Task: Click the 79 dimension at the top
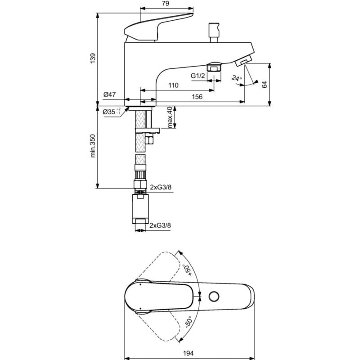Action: [166, 4]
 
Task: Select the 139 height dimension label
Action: [93, 58]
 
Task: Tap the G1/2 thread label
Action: [198, 76]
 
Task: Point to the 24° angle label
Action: [237, 78]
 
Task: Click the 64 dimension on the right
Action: [265, 84]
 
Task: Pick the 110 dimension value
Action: [173, 85]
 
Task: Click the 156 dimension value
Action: [197, 97]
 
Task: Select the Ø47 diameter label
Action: [109, 94]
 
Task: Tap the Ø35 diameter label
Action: [112, 112]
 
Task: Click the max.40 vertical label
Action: [170, 117]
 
